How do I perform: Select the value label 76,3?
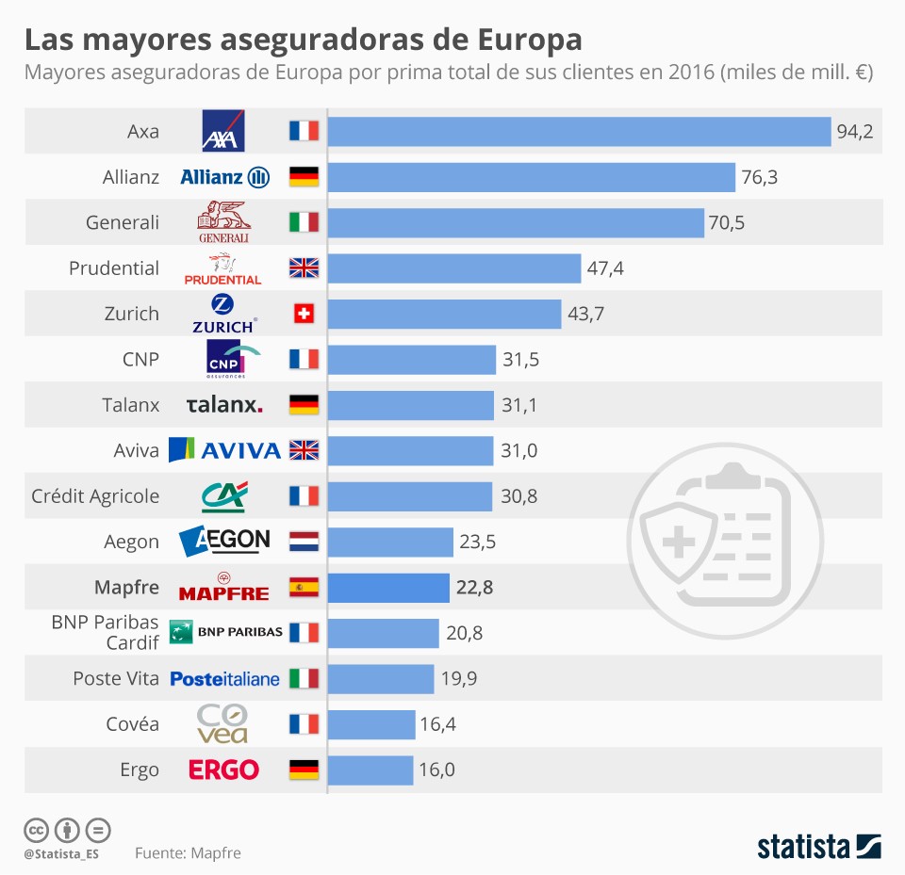[759, 177]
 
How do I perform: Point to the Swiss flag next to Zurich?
[304, 314]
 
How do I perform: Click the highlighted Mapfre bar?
[388, 588]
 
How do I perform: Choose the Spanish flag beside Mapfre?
[304, 588]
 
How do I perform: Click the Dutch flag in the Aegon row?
[304, 542]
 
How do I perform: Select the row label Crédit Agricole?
[95, 496]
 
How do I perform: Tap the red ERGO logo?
[224, 770]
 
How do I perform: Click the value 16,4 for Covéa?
[438, 724]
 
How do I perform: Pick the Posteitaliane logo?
[225, 679]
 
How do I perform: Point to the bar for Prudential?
[454, 268]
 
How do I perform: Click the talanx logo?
[224, 405]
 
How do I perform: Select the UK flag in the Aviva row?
[304, 450]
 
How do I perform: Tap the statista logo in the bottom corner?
[818, 846]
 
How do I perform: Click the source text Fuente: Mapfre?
[188, 853]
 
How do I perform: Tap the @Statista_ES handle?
[61, 854]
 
